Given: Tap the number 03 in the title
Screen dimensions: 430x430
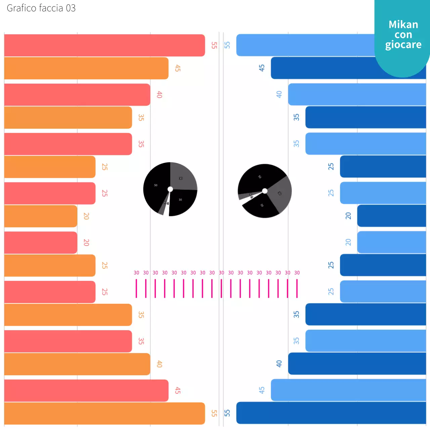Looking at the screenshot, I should pos(71,8).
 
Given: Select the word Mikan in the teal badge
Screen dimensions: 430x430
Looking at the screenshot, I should pos(403,25).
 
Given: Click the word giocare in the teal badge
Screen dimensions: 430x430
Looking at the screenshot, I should pos(403,45).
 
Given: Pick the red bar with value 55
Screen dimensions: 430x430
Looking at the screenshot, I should pos(104,45).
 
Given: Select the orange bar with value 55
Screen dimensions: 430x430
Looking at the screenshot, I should pos(104,413).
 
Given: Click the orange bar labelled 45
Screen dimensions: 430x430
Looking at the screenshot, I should pos(86,68).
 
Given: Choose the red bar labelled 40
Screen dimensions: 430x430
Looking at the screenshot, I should pos(77,95).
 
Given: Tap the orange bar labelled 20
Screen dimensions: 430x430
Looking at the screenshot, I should pos(41,216).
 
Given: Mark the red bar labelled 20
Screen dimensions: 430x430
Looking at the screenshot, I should pos(41,243).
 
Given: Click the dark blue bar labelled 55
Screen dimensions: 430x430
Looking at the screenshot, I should pos(331,413).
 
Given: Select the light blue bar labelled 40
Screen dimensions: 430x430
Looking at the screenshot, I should pos(357,94).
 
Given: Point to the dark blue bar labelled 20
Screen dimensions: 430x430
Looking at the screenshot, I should pos(391,216).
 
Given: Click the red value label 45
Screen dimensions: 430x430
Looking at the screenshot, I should pos(178,390).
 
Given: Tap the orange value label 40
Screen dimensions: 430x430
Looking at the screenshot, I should pos(159,364).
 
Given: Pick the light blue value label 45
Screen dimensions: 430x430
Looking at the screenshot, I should pos(262,390).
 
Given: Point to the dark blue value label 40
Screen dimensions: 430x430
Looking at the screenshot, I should pos(279,363).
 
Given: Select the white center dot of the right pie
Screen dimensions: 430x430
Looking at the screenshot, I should pos(265,191).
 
